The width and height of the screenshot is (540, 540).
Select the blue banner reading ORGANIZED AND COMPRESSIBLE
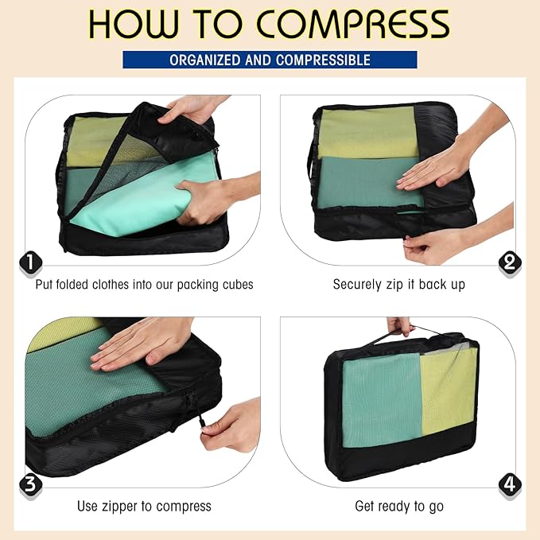click(270, 60)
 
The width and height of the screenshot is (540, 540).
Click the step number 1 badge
click(29, 262)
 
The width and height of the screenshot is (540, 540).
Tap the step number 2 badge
click(509, 262)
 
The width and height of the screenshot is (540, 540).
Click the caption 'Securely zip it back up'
click(398, 284)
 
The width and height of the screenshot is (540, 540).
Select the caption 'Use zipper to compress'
click(144, 506)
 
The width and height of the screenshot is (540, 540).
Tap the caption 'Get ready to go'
click(398, 506)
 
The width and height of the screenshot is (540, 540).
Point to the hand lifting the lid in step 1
click(191, 109)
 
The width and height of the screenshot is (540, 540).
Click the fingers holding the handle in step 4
click(400, 325)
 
